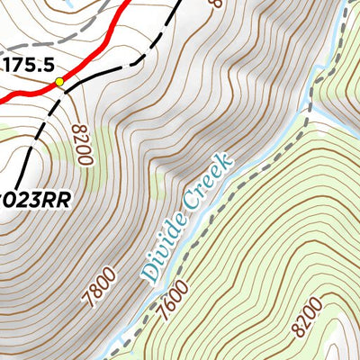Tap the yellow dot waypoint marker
click(60, 82)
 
